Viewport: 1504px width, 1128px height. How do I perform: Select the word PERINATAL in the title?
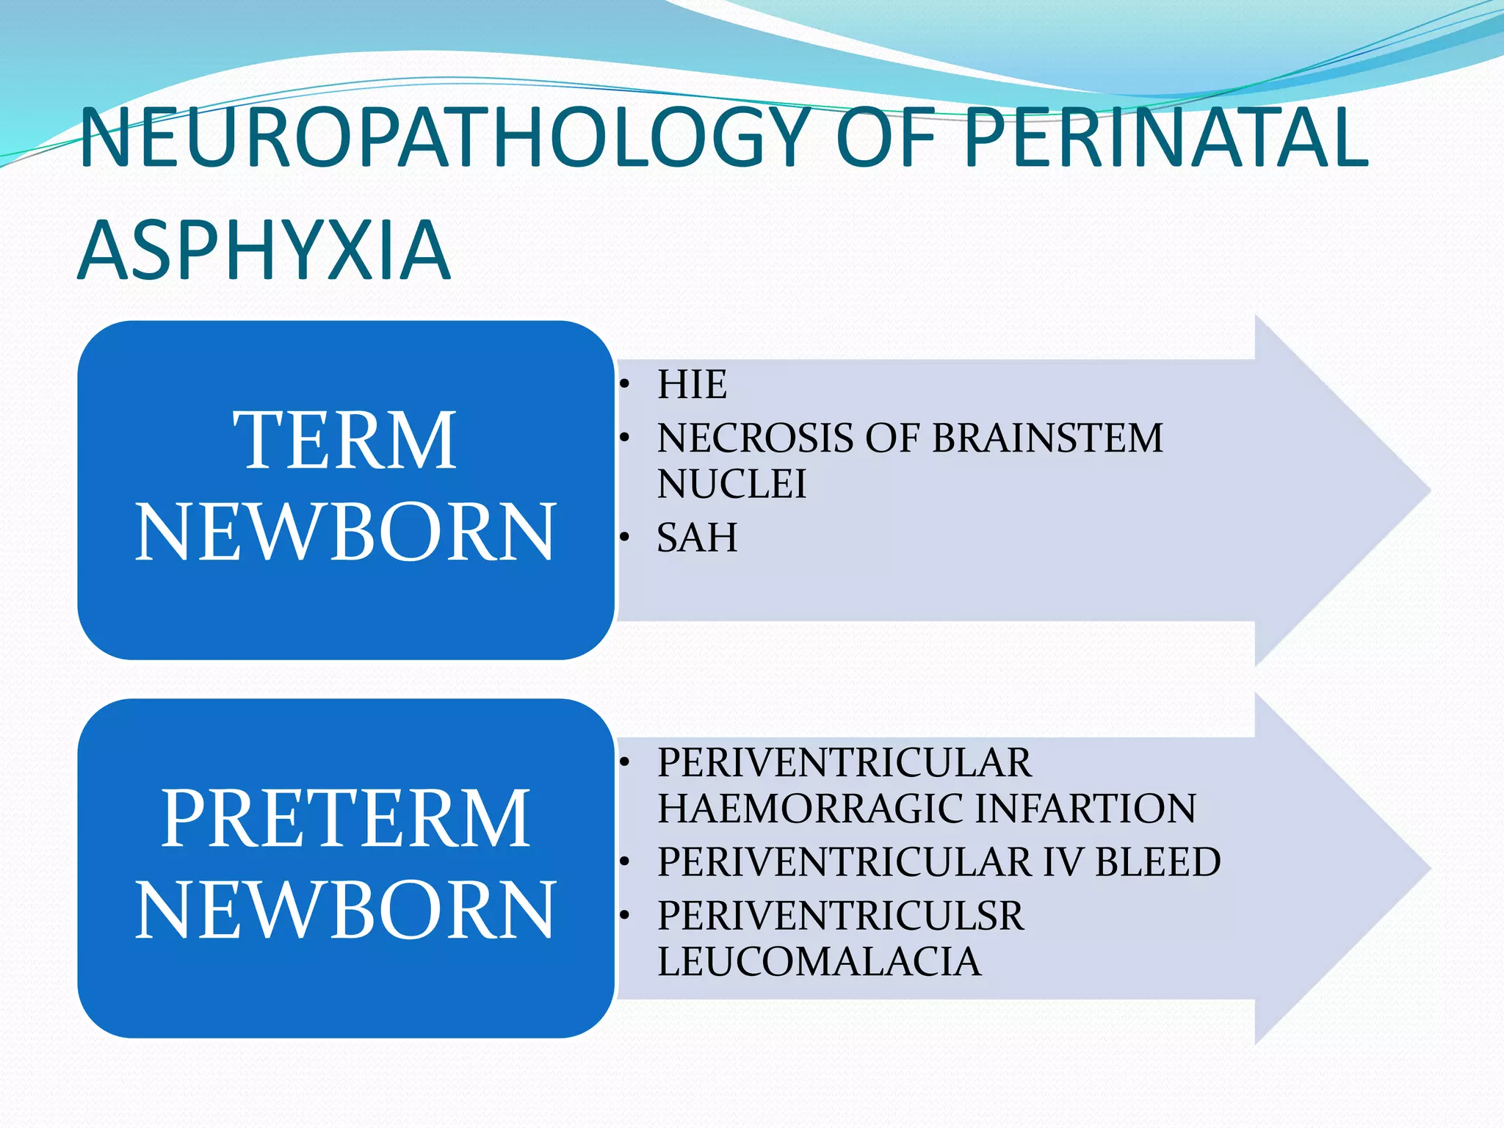(1166, 138)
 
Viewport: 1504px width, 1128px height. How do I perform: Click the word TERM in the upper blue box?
(345, 440)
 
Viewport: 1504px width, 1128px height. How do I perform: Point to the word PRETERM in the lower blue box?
(345, 818)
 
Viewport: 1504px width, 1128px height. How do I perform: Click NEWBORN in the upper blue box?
(345, 532)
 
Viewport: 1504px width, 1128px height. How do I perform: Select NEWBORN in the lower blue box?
(345, 910)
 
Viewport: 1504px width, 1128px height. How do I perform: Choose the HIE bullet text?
(692, 384)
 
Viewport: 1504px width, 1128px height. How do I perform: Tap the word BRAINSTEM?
(1047, 438)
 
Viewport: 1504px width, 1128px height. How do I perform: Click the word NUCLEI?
(731, 484)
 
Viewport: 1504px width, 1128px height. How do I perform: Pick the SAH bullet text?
(697, 538)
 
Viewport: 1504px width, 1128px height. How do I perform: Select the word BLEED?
(1157, 861)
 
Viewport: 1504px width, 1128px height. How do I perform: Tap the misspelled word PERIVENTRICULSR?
(840, 916)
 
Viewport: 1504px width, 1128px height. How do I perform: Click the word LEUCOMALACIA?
(819, 961)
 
